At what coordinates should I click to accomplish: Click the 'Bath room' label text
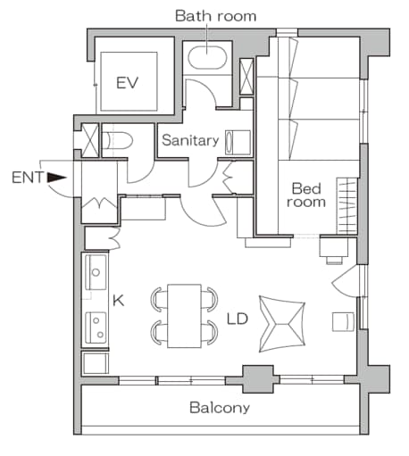(x=214, y=15)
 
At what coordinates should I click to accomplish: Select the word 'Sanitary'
(x=189, y=140)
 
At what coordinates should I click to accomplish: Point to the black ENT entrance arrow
(x=57, y=178)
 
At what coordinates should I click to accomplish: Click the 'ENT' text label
(x=26, y=178)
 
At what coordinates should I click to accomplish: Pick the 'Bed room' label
(x=305, y=195)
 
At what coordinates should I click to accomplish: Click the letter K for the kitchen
(x=117, y=302)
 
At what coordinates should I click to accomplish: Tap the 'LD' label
(x=237, y=318)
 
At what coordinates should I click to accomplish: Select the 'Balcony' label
(x=219, y=408)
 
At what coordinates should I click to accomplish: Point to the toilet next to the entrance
(x=117, y=140)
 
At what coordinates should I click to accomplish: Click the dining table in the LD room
(x=184, y=315)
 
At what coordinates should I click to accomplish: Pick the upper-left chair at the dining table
(x=156, y=297)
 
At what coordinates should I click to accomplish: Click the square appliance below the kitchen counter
(x=95, y=362)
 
